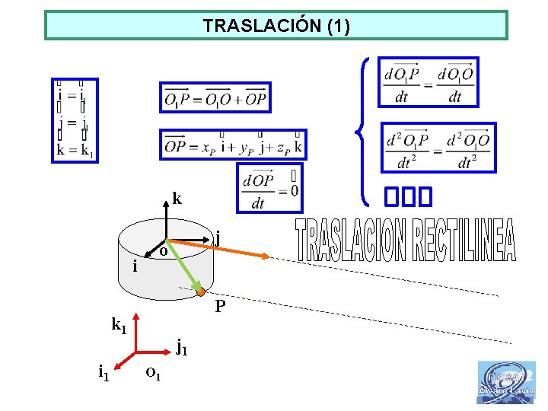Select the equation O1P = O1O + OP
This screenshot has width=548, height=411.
point(215,97)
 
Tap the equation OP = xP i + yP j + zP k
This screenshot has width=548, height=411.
point(233,145)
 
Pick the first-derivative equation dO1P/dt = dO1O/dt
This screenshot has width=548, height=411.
point(429,82)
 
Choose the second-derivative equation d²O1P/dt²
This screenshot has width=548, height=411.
point(438,148)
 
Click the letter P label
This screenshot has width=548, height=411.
point(220,307)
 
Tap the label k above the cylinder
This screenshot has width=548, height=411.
point(177,199)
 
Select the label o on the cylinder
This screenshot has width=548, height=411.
point(164,250)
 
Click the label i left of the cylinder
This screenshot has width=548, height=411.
point(135,266)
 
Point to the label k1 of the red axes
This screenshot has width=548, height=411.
point(119,327)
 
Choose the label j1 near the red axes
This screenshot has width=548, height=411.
point(181,348)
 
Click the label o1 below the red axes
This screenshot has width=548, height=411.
point(152,373)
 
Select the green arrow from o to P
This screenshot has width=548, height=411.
point(185,269)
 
